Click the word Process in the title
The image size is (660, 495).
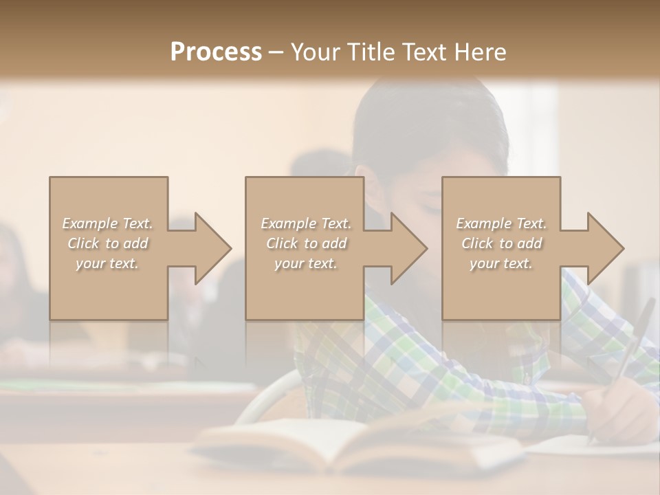[x=216, y=52]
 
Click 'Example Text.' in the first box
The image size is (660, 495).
[x=108, y=223]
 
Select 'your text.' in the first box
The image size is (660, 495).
[x=108, y=263]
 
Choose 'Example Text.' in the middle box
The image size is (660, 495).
[x=306, y=223]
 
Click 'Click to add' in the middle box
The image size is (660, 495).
[x=306, y=243]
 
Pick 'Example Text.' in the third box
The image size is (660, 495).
[x=501, y=223]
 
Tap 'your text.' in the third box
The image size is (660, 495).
[x=501, y=263]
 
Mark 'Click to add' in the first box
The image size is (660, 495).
[x=108, y=243]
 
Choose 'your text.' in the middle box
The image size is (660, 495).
[x=306, y=263]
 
